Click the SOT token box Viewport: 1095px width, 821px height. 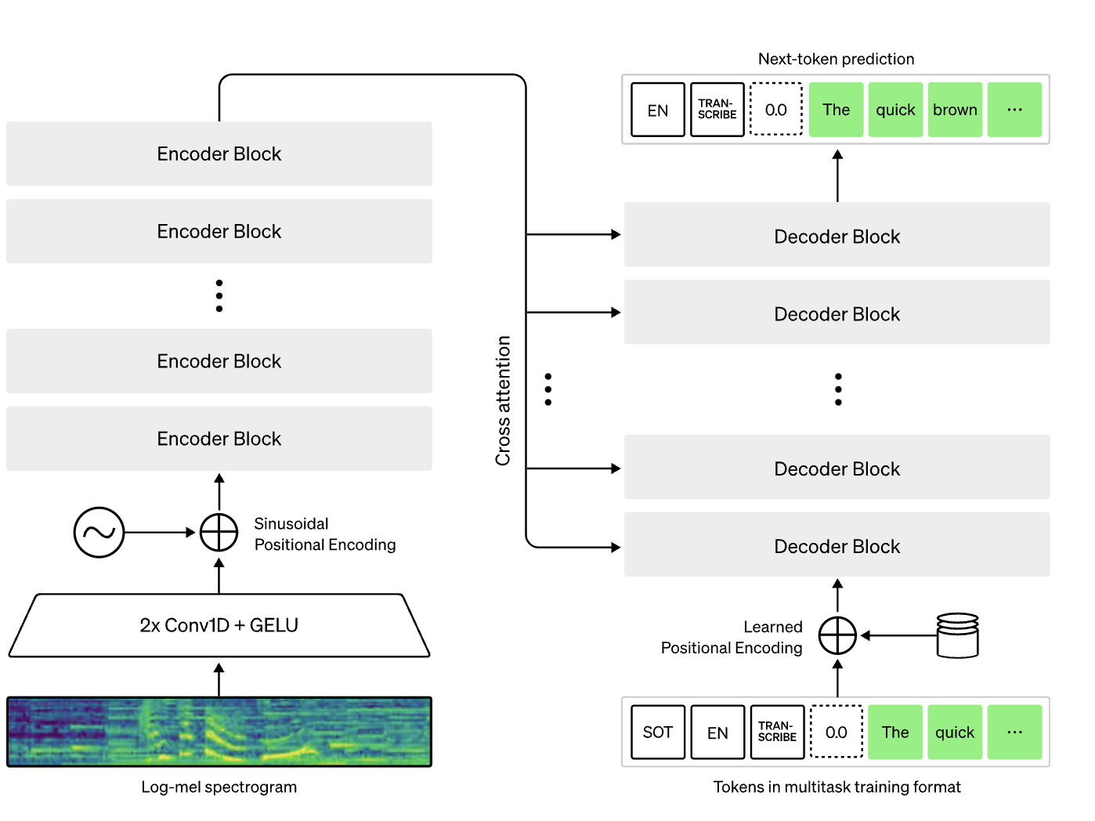pyautogui.click(x=658, y=732)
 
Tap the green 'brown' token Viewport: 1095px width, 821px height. pyautogui.click(x=955, y=110)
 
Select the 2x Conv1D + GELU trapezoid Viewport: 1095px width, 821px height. pyautogui.click(x=219, y=625)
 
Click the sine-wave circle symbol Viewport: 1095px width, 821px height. pyautogui.click(x=99, y=533)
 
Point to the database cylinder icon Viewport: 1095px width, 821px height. pyautogui.click(x=957, y=635)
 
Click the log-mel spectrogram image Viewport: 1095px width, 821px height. pyautogui.click(x=219, y=732)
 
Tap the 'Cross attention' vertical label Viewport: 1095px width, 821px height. pyautogui.click(x=503, y=400)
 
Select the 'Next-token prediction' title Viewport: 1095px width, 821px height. pyautogui.click(x=836, y=59)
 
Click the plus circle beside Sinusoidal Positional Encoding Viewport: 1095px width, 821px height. pyautogui.click(x=219, y=533)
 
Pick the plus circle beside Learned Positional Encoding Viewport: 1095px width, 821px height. pyautogui.click(x=837, y=635)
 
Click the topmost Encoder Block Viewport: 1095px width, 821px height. pyautogui.click(x=219, y=154)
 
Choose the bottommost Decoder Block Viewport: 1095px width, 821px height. pyautogui.click(x=837, y=545)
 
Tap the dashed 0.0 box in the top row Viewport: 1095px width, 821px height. pyautogui.click(x=776, y=110)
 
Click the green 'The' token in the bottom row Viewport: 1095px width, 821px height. pyautogui.click(x=895, y=732)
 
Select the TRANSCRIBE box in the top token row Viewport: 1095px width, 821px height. pyautogui.click(x=717, y=110)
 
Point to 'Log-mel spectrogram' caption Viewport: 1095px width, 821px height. pyautogui.click(x=219, y=787)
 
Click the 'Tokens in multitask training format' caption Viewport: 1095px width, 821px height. pyautogui.click(x=837, y=787)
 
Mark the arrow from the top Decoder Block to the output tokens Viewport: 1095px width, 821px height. pyautogui.click(x=837, y=175)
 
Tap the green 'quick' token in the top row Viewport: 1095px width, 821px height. pyautogui.click(x=895, y=110)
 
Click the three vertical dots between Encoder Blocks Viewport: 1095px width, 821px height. pyautogui.click(x=219, y=295)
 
